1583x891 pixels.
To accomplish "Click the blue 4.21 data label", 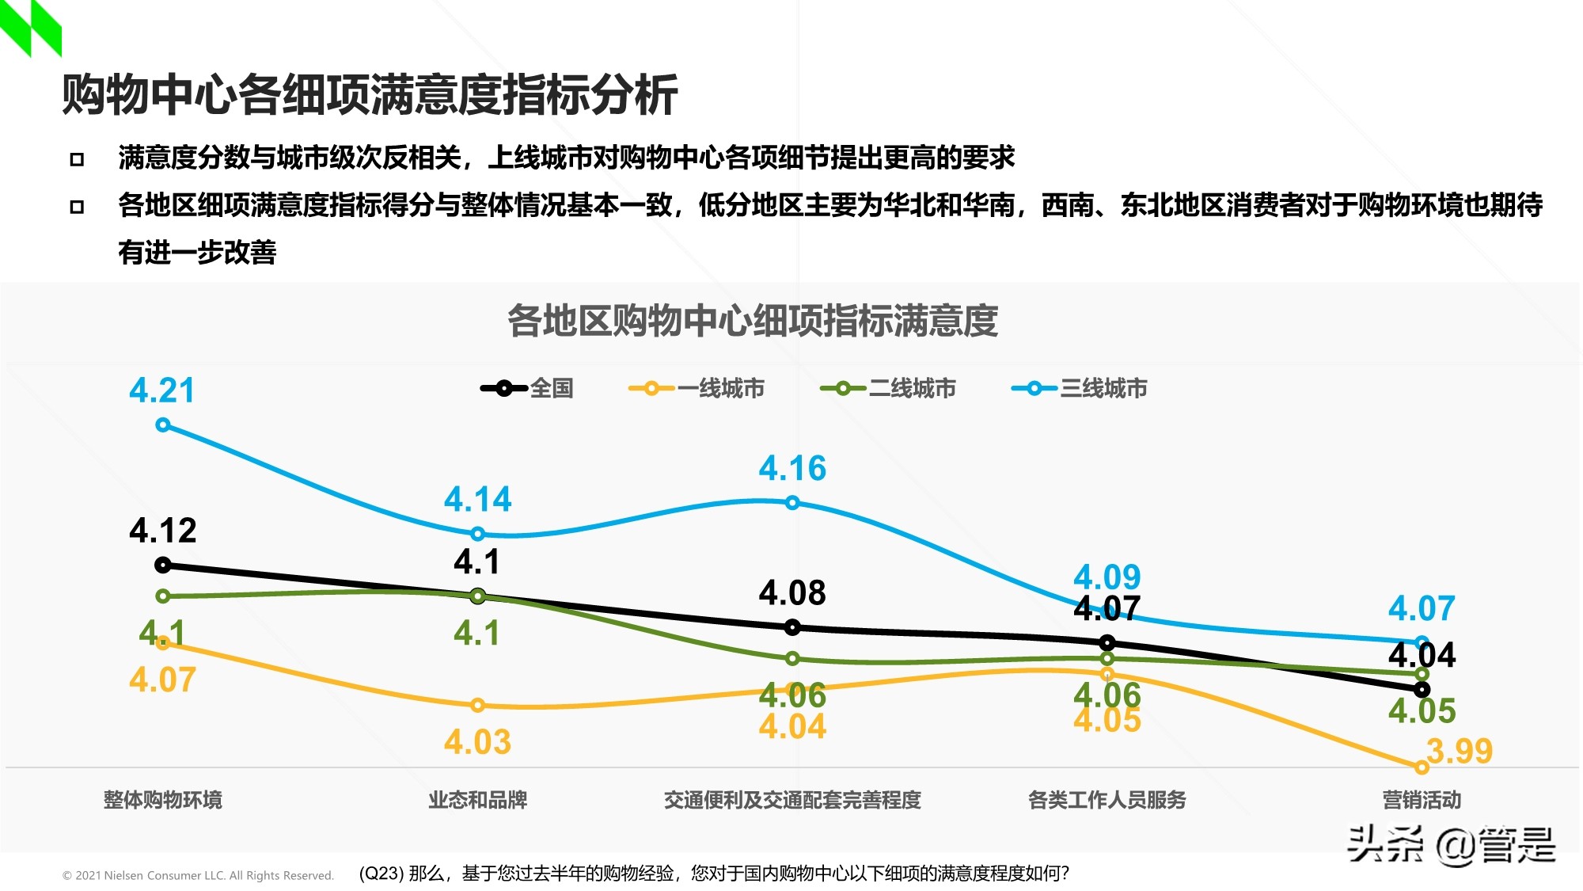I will pyautogui.click(x=161, y=390).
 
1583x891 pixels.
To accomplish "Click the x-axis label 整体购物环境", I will pyautogui.click(x=162, y=800).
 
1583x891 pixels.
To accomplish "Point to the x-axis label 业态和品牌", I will pyautogui.click(x=477, y=800).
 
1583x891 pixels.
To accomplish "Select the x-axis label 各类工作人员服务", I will pyautogui.click(x=1107, y=800).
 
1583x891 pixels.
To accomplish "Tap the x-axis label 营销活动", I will pyautogui.click(x=1422, y=800).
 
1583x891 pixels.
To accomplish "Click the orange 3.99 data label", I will pyautogui.click(x=1460, y=750).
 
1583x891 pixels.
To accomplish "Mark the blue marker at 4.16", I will pyautogui.click(x=792, y=503).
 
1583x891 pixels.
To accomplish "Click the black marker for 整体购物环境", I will pyautogui.click(x=163, y=565).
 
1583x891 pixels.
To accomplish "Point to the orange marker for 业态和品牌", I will pyautogui.click(x=477, y=705).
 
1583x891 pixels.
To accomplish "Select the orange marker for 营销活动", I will pyautogui.click(x=1422, y=767).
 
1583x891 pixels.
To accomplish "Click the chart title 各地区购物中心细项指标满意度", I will pyautogui.click(x=752, y=321).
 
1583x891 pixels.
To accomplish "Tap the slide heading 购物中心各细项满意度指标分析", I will pyautogui.click(x=370, y=95).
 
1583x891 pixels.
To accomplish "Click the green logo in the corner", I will pyautogui.click(x=30, y=27).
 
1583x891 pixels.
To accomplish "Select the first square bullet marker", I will pyautogui.click(x=77, y=159).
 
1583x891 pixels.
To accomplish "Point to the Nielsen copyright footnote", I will pyautogui.click(x=198, y=875).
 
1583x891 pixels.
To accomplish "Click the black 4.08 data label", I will pyautogui.click(x=792, y=592).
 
